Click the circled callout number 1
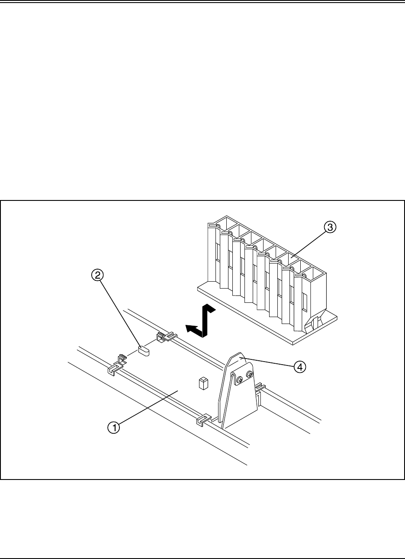click(x=114, y=427)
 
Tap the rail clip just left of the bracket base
click(x=203, y=419)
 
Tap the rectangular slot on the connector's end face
click(x=305, y=302)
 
